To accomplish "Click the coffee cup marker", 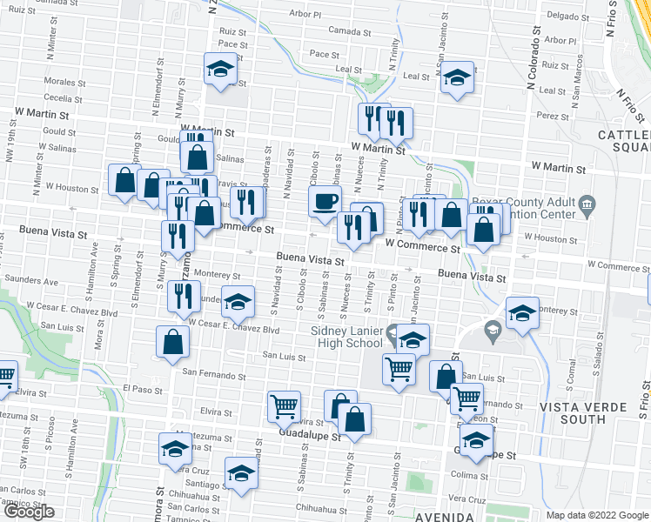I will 325,201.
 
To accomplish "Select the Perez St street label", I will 553,115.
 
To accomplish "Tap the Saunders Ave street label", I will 30,282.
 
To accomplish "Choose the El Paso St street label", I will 143,388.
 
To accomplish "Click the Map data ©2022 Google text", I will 597,515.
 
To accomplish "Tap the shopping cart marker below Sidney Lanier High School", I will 399,369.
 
